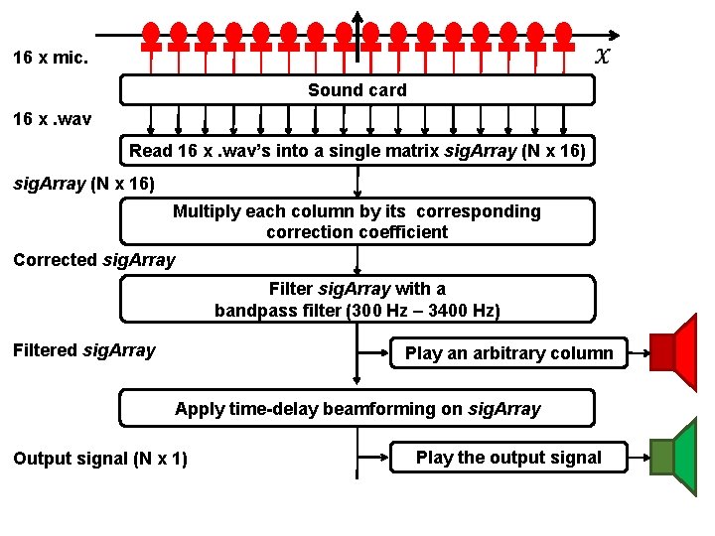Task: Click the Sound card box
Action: pos(357,90)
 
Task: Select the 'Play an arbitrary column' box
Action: pos(508,353)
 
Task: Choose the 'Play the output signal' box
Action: pos(508,458)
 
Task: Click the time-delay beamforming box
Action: pos(357,408)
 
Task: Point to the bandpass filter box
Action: pos(357,300)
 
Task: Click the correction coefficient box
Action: pos(357,221)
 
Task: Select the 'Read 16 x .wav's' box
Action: pos(357,151)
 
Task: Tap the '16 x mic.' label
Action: pos(51,58)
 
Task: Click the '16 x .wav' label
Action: pos(52,119)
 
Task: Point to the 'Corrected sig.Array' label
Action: pos(94,260)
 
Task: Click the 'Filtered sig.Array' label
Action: pos(84,350)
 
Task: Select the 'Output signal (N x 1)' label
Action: pos(99,459)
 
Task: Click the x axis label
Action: pos(603,56)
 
